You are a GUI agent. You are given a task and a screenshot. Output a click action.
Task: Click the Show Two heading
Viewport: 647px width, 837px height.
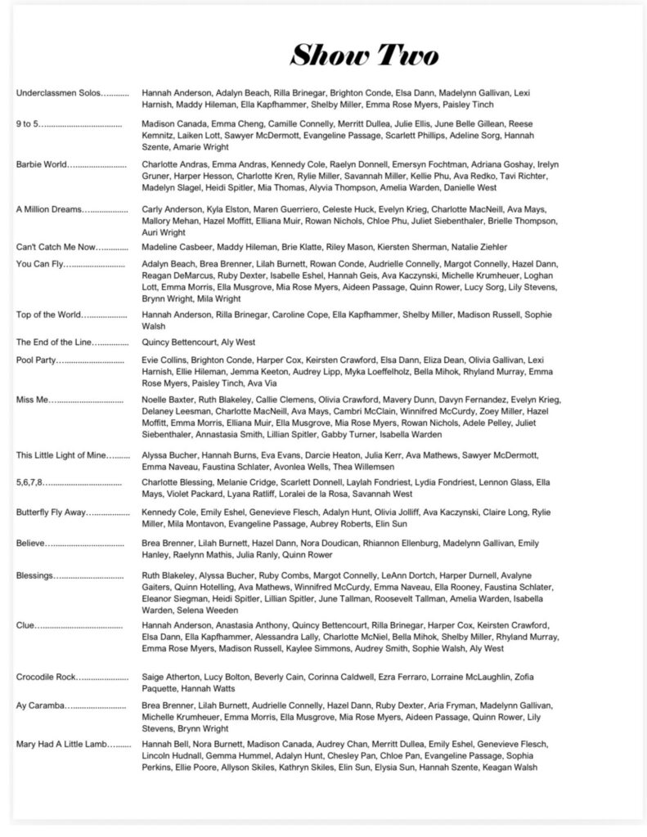pyautogui.click(x=364, y=55)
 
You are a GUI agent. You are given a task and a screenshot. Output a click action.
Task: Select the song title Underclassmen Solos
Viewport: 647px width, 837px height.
pyautogui.click(x=58, y=93)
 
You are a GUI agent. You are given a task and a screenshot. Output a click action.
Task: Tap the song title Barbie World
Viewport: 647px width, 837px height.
pyautogui.click(x=42, y=164)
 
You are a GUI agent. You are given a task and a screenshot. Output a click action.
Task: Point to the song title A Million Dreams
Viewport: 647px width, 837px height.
pyautogui.click(x=50, y=209)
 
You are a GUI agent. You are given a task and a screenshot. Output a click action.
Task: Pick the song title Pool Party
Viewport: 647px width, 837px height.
pyautogui.click(x=38, y=360)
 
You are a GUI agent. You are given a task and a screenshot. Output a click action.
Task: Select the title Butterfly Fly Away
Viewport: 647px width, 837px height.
pyautogui.click(x=52, y=512)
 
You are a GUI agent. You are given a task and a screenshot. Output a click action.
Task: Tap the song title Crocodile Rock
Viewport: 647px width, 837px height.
pyautogui.click(x=48, y=678)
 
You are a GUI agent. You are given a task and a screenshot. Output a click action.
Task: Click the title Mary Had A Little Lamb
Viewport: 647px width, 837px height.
pyautogui.click(x=61, y=744)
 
